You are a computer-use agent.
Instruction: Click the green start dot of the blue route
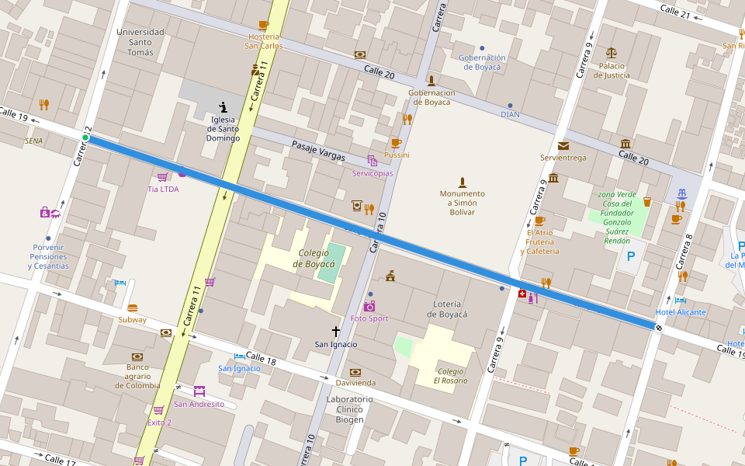[85, 137]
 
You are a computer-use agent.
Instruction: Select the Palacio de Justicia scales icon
[612, 53]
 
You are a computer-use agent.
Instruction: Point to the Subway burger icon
[132, 308]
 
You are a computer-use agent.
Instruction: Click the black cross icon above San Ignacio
[336, 331]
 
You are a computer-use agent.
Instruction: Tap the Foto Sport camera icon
[369, 306]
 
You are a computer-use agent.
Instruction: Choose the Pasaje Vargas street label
[318, 151]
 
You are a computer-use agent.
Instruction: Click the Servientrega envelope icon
[563, 145]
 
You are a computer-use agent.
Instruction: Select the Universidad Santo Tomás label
[140, 42]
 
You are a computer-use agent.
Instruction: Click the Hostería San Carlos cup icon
[264, 25]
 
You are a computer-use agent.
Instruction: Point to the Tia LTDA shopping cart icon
[163, 177]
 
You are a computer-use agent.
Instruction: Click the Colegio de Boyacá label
[314, 258]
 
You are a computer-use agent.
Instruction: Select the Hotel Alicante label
[681, 312]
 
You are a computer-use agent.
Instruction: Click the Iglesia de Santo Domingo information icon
[223, 108]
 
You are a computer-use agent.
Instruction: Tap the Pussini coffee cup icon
[396, 143]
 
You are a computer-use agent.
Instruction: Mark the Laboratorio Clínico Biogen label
[349, 409]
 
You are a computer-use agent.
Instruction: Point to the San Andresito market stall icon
[199, 391]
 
